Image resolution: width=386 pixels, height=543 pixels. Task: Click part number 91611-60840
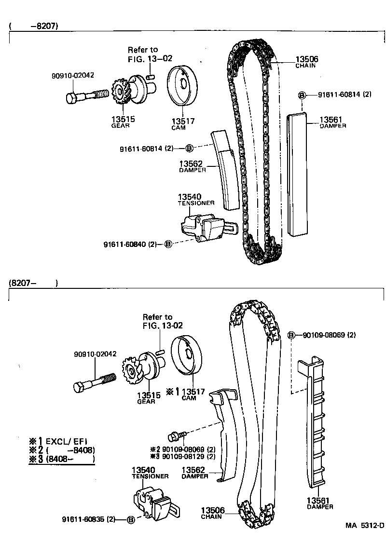[x=130, y=244]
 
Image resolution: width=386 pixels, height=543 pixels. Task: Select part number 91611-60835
[x=89, y=519]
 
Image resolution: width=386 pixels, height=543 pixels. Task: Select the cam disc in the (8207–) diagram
[x=188, y=355]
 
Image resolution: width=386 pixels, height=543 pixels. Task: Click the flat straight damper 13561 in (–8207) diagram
[x=297, y=174]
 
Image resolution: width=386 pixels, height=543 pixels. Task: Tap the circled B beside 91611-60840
[x=168, y=244]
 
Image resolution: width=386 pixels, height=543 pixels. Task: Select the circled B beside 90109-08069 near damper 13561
[x=291, y=335]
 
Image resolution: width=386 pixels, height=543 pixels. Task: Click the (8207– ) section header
[x=33, y=283]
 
